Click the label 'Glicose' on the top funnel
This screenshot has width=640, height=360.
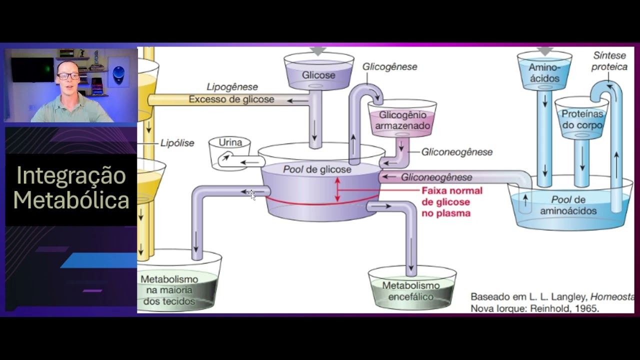[x=318, y=75]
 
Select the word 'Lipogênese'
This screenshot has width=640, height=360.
[x=232, y=87]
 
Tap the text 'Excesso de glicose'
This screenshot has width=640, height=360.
[x=231, y=99]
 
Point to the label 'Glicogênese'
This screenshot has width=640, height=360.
[x=389, y=66]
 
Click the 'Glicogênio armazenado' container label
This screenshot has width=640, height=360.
[x=402, y=120]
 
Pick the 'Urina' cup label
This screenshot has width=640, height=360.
[x=230, y=142]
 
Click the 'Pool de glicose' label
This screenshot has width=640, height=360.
[x=317, y=169]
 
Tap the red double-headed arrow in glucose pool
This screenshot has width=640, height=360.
[x=337, y=189]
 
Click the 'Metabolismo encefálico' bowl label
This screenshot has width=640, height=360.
[x=411, y=291]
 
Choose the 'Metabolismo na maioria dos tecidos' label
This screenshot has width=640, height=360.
[x=169, y=290]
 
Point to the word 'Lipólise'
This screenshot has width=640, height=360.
[x=177, y=143]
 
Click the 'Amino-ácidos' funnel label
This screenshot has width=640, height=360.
[x=544, y=73]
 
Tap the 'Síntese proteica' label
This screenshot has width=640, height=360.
[x=609, y=61]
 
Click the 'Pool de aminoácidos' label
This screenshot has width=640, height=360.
[x=568, y=205]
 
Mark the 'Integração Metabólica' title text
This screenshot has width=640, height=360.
[x=71, y=188]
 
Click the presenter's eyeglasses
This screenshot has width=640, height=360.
[x=68, y=76]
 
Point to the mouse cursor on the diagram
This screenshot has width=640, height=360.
[x=252, y=194]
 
